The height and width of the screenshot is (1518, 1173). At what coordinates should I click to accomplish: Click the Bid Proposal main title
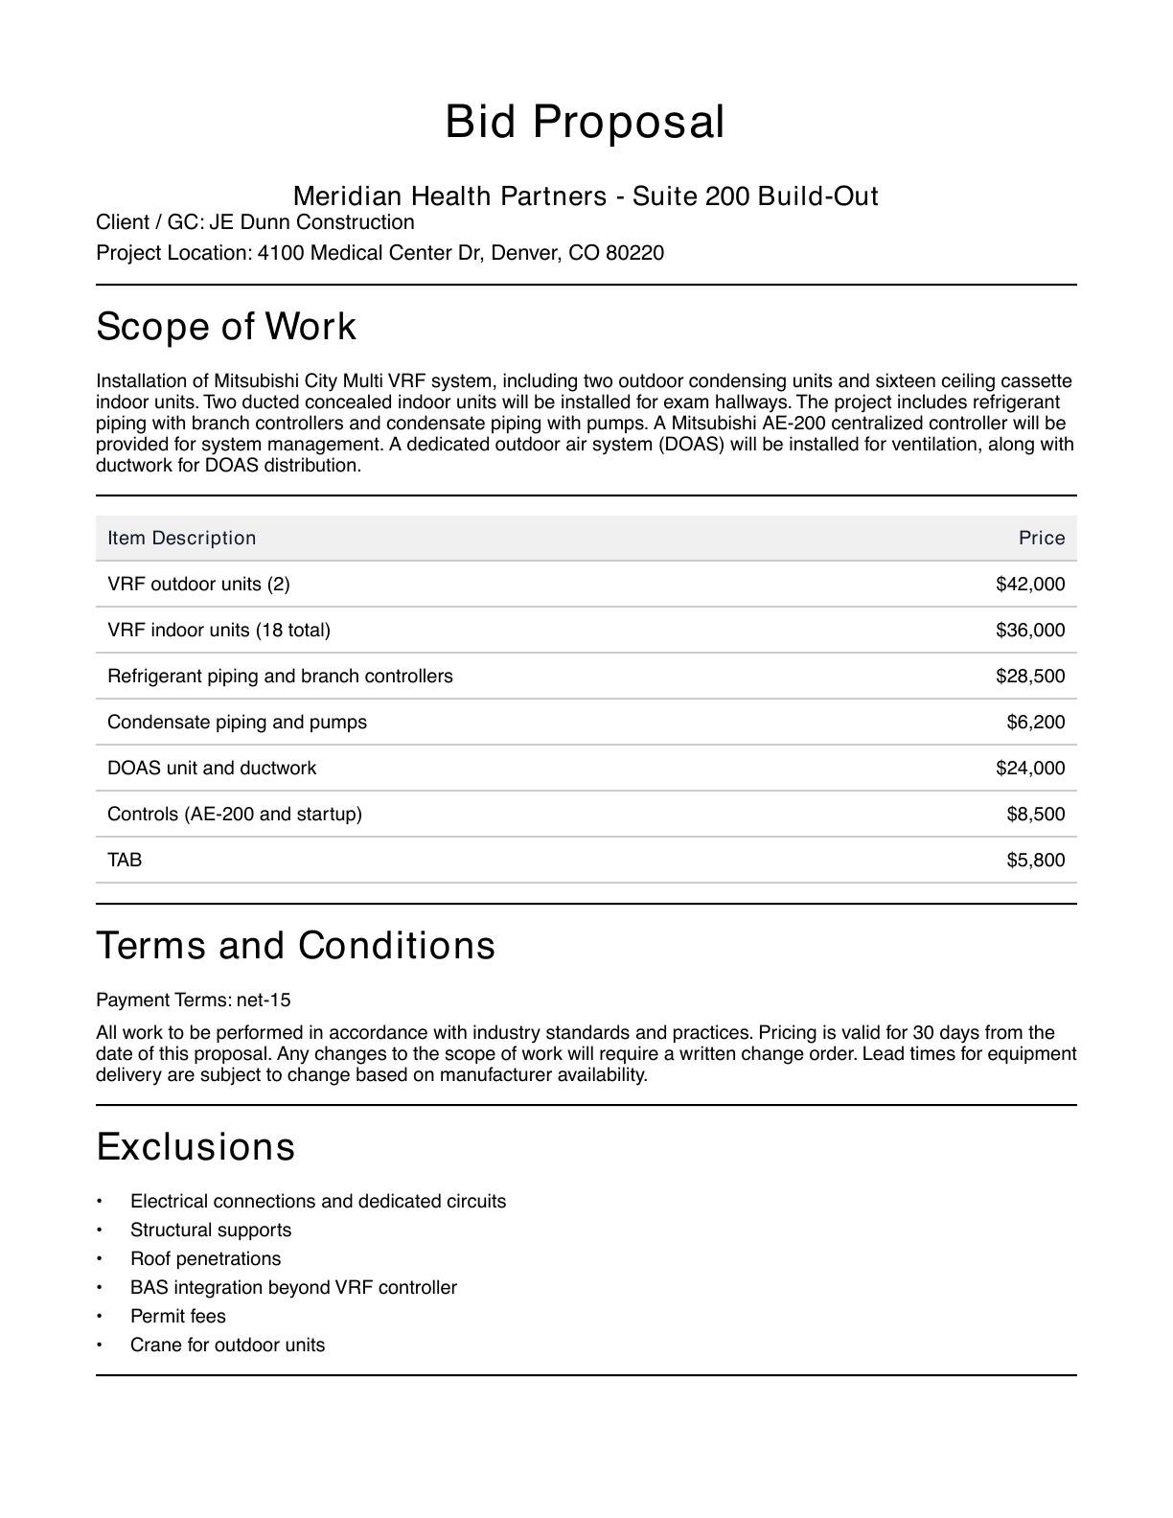[585, 123]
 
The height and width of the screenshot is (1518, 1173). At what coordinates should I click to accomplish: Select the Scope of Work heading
[226, 327]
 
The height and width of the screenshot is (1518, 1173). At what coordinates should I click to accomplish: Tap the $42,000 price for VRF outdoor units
[1030, 584]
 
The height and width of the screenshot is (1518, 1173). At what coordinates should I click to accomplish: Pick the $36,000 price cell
[1030, 630]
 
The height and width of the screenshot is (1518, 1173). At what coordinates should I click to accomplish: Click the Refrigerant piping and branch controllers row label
[280, 676]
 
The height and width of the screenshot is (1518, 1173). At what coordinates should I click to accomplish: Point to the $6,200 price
[1035, 722]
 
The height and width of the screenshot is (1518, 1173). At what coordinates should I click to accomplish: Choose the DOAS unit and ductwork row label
[212, 768]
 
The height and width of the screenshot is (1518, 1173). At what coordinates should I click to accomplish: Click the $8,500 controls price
[1035, 814]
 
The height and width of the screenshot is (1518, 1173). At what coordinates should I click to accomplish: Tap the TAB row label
[125, 860]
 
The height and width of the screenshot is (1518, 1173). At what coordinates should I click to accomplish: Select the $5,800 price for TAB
[1035, 860]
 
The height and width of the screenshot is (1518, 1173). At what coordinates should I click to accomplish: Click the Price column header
[1042, 538]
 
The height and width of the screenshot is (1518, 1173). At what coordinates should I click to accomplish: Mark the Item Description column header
[182, 538]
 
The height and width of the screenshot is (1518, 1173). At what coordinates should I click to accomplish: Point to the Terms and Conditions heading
[296, 946]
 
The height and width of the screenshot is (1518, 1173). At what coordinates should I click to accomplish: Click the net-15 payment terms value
[264, 1000]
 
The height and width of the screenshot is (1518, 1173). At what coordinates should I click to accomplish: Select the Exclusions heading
[195, 1147]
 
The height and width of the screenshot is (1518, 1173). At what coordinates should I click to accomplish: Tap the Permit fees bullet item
[178, 1316]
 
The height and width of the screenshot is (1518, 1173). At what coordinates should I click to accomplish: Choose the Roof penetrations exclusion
[206, 1258]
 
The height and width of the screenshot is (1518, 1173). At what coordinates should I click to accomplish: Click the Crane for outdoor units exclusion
[228, 1345]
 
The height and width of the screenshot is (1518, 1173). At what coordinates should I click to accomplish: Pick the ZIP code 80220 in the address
[634, 253]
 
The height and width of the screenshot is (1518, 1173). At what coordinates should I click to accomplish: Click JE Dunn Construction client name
[312, 222]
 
